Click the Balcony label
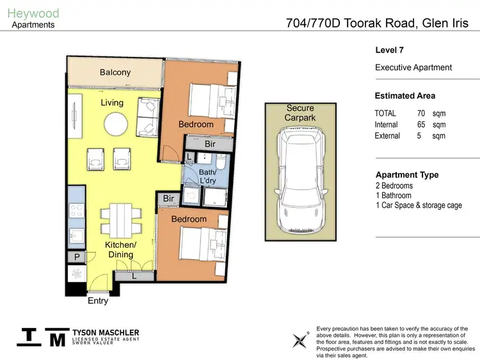click(x=115, y=72)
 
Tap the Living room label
click(x=112, y=102)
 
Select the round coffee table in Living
click(x=115, y=123)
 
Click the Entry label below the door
click(x=98, y=301)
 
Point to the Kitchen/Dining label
click(x=121, y=249)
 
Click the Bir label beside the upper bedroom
click(x=210, y=145)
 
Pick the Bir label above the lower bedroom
click(x=168, y=199)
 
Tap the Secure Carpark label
click(x=300, y=113)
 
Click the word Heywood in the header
click(x=33, y=13)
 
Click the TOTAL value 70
click(x=420, y=113)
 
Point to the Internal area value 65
click(x=420, y=125)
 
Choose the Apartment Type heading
click(x=406, y=175)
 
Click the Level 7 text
click(x=389, y=50)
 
